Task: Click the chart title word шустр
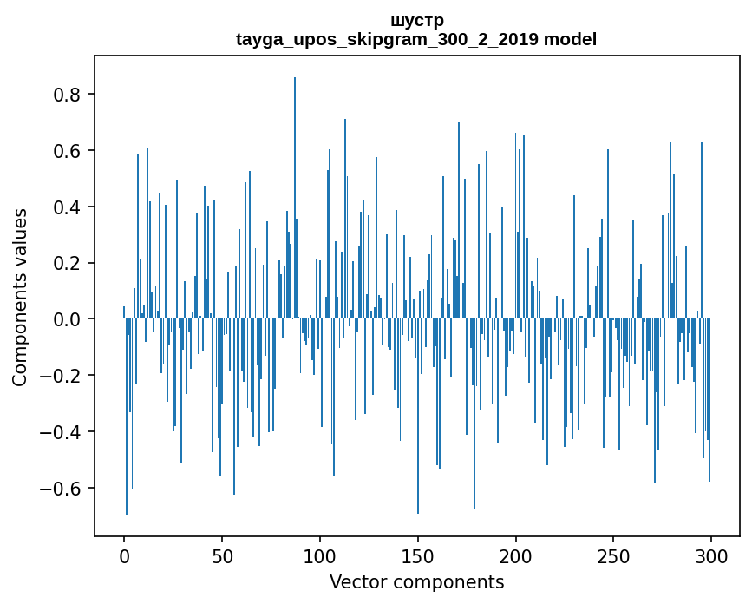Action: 416,20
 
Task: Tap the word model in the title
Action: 570,39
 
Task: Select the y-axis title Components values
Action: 20,297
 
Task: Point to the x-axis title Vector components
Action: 416,581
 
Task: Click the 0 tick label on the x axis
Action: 124,555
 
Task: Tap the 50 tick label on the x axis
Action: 222,555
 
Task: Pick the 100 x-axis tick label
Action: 320,555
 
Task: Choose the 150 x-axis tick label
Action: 418,555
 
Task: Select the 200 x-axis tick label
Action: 516,555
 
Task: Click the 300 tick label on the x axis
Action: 711,555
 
